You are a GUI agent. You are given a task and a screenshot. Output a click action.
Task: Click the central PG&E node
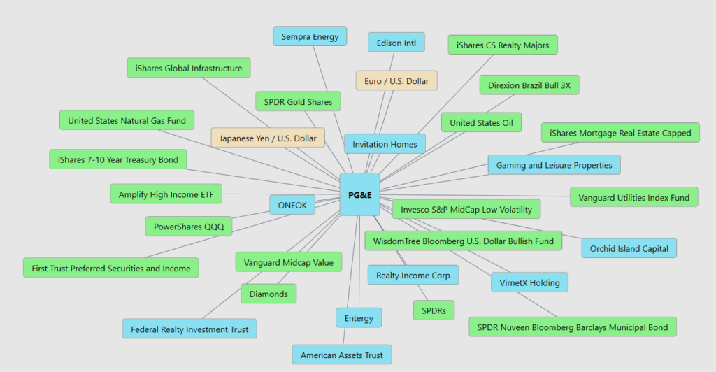pos(359,194)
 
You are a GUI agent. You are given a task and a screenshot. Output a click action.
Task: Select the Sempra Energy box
pos(310,36)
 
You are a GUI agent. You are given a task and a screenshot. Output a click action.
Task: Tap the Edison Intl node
pos(396,43)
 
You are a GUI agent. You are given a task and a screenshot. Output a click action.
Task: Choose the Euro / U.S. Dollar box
pos(396,81)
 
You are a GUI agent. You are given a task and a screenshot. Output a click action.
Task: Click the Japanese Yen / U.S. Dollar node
pos(268,138)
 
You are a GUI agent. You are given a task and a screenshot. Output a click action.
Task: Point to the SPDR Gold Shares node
pos(298,102)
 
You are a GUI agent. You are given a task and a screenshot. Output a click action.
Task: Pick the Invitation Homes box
pos(385,144)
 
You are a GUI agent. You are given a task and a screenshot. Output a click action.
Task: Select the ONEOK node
pos(292,205)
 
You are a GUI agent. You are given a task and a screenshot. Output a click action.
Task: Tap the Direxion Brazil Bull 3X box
pos(529,85)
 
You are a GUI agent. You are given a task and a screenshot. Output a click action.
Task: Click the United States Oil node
pos(481,122)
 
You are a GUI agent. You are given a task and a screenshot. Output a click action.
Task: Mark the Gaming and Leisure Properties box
pos(554,165)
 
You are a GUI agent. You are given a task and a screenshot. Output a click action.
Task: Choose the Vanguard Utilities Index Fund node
pos(633,198)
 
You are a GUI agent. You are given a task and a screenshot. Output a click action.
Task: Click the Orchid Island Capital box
pos(629,248)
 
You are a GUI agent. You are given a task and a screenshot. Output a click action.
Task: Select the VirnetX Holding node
pos(529,282)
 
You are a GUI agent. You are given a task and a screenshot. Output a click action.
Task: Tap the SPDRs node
pos(434,309)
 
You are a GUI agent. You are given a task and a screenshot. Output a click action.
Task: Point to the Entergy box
pos(359,318)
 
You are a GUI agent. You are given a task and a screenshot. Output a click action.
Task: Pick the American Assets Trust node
pos(342,355)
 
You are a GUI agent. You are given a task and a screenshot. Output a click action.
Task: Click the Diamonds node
pos(268,294)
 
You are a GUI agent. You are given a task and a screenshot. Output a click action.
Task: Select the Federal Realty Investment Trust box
pos(189,329)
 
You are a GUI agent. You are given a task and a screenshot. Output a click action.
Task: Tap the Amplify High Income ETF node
pos(166,194)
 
